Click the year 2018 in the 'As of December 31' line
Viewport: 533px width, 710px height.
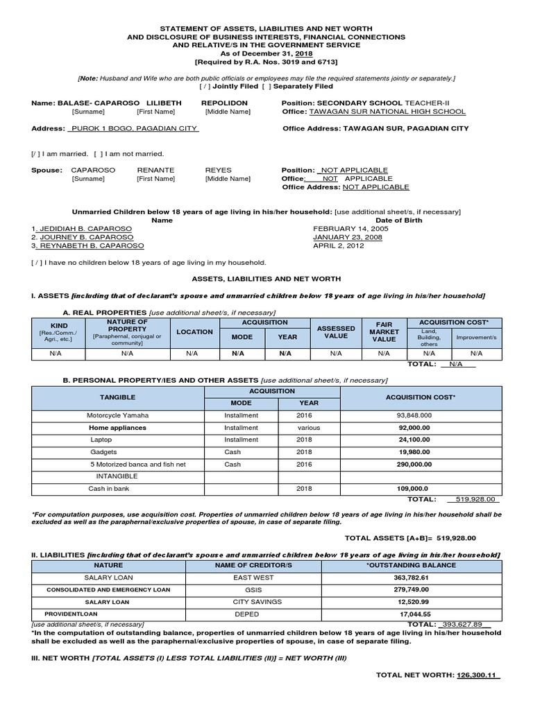303,53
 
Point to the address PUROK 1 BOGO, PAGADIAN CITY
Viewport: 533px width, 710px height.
133,128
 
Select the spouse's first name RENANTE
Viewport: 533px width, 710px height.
155,170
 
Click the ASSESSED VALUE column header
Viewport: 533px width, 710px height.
336,332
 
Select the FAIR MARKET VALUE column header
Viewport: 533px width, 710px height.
384,332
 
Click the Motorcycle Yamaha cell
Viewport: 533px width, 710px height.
117,415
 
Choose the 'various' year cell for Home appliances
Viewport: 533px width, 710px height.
309,428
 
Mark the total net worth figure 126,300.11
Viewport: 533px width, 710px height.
477,675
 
